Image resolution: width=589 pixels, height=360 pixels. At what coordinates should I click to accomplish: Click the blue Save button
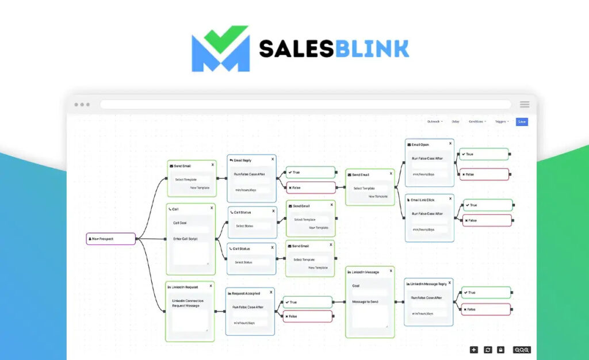(x=521, y=121)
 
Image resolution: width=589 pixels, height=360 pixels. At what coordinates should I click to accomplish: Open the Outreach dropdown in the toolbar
(x=434, y=121)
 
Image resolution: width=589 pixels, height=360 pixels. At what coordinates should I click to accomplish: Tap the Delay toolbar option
(x=455, y=121)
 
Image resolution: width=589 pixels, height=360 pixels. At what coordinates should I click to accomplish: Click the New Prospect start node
(x=110, y=239)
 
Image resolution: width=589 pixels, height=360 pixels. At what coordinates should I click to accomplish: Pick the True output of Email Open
(x=484, y=154)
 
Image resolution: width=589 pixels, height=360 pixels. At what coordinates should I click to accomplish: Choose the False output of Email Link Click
(x=487, y=220)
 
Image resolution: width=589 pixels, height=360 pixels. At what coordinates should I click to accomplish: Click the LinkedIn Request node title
(x=185, y=286)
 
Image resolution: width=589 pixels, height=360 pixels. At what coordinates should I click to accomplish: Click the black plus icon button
(x=473, y=350)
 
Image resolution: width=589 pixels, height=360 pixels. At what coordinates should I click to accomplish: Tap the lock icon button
(x=500, y=350)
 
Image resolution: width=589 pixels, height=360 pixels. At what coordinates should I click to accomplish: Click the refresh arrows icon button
(x=488, y=350)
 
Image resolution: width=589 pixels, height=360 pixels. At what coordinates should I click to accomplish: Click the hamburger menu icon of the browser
(x=525, y=105)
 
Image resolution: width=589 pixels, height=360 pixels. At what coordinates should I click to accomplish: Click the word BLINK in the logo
(x=373, y=49)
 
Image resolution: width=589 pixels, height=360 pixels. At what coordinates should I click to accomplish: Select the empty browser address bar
(x=305, y=105)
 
